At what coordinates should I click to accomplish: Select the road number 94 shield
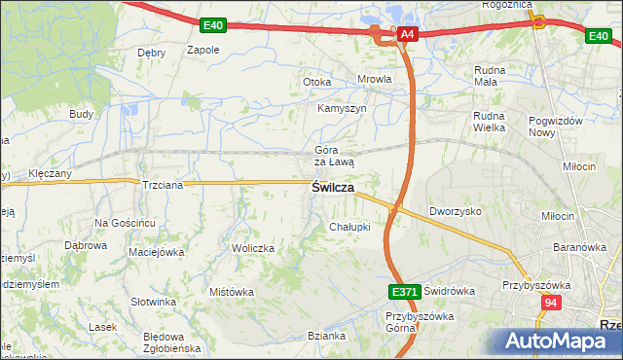coord(552,304)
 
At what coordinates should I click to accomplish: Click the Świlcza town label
coord(332,187)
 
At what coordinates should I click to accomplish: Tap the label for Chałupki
coord(349,227)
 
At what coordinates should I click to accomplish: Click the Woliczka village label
coord(253,248)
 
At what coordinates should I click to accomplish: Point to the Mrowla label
coord(375,81)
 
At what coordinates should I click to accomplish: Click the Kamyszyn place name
coord(342,108)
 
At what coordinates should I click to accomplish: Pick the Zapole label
coord(203,49)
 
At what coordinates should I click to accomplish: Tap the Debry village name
coord(152,53)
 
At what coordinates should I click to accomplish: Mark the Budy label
coord(81,114)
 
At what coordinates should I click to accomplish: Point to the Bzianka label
coord(327,336)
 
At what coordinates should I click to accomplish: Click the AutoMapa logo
coord(556,342)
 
